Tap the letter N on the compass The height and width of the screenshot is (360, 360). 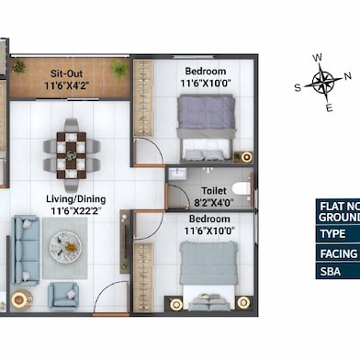(346, 76)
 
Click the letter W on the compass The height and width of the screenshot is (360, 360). (318, 58)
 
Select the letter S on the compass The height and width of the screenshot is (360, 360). (298, 88)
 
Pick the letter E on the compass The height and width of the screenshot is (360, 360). (329, 108)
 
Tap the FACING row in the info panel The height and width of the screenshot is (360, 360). (336, 253)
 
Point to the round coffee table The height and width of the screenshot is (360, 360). (64, 243)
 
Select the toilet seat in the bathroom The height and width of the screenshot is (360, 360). (241, 187)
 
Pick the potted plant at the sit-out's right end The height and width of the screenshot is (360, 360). (119, 69)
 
